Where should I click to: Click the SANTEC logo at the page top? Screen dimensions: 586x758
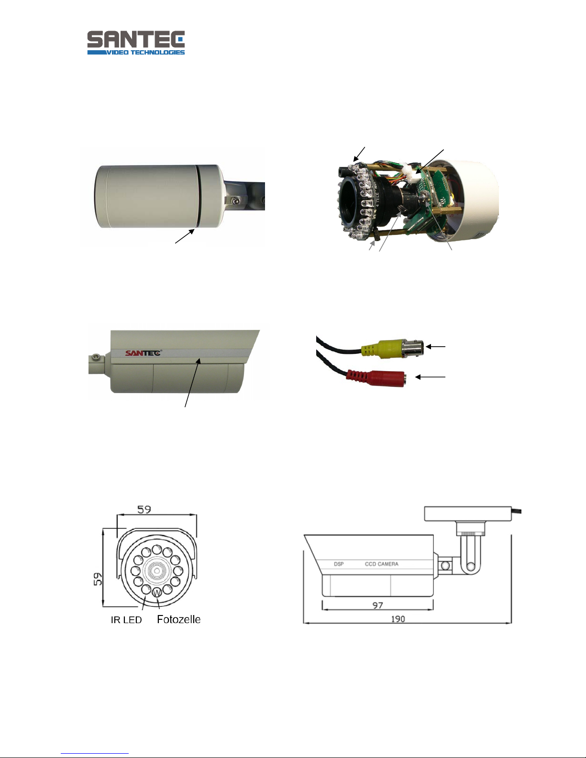click(x=136, y=43)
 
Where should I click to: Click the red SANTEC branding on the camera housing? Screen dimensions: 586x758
click(x=143, y=353)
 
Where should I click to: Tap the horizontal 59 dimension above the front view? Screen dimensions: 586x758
click(x=144, y=510)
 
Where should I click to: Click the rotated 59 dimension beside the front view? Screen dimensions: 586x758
click(x=98, y=579)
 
